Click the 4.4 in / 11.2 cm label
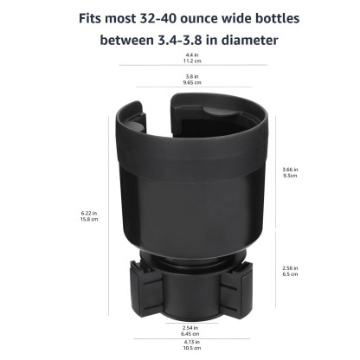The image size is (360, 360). pos(179,59)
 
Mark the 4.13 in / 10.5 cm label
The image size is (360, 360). pos(179,344)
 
